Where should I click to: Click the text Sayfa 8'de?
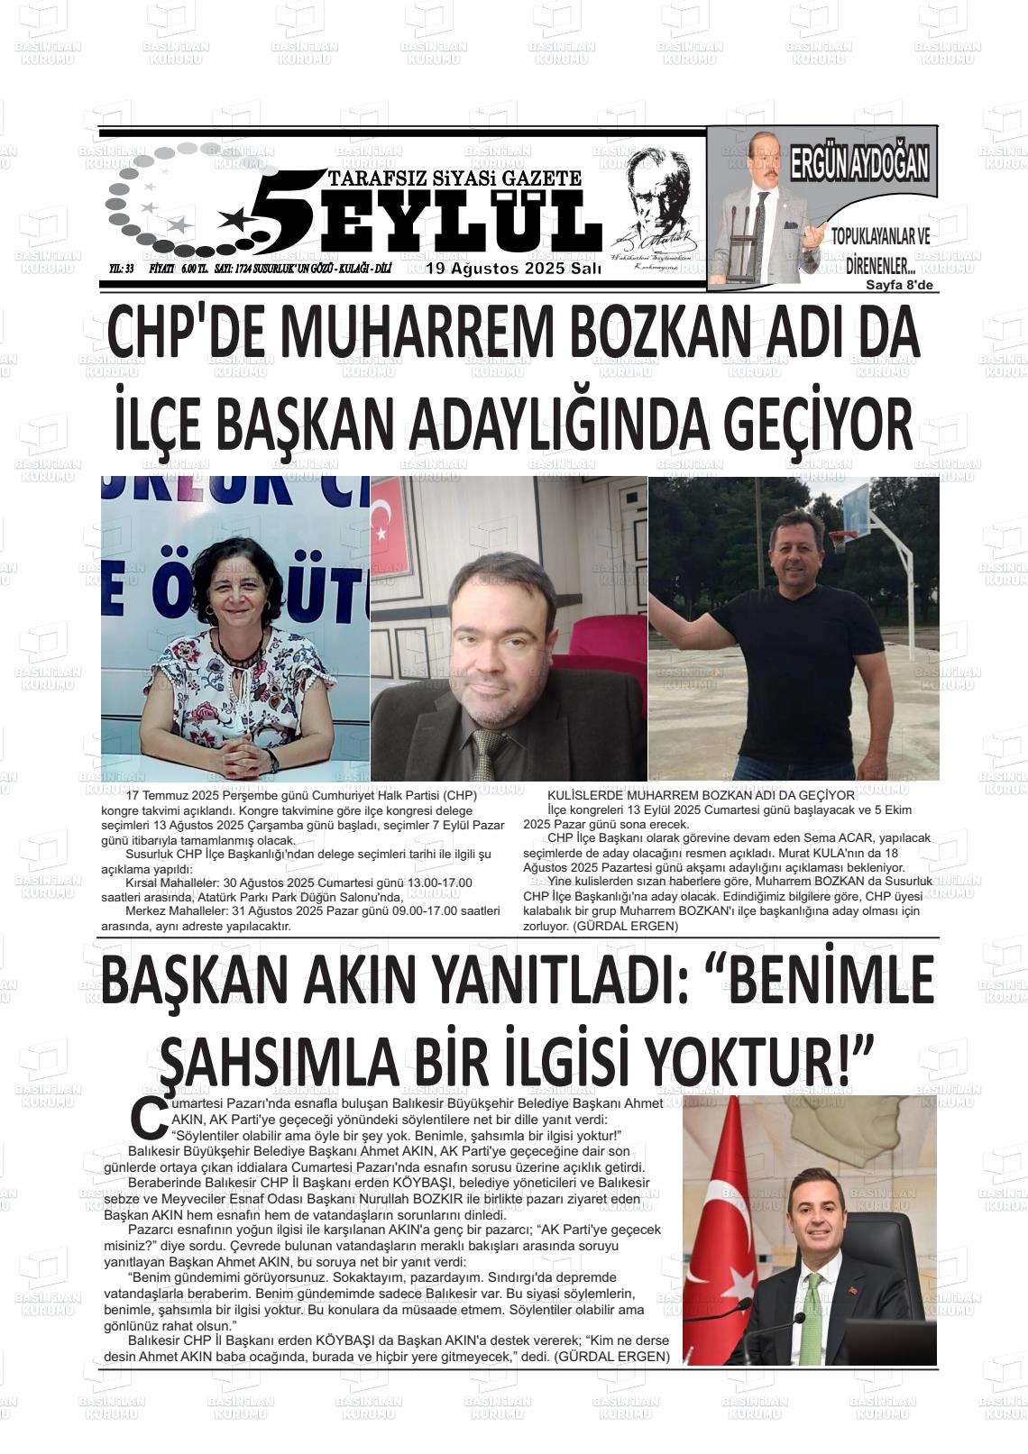tap(900, 286)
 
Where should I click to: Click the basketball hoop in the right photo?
tap(842, 540)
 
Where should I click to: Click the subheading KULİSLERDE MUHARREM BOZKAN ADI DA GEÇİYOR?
tap(701, 795)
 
